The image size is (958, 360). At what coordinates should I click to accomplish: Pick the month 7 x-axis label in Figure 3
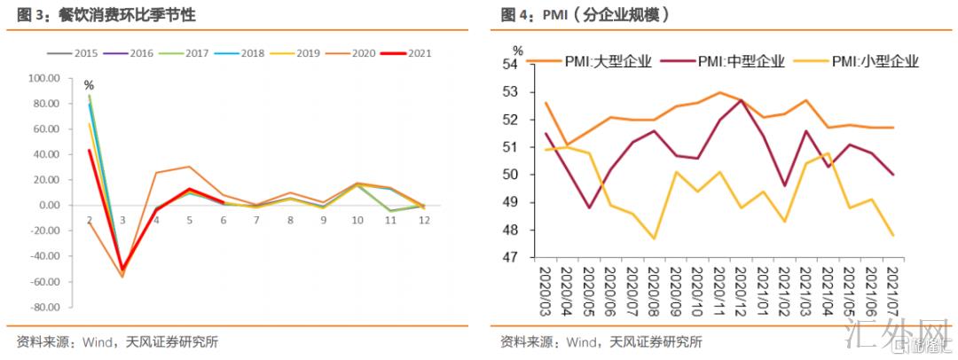256,219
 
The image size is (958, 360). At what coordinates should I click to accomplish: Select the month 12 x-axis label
424,219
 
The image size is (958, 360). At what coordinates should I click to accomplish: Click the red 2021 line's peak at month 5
190,189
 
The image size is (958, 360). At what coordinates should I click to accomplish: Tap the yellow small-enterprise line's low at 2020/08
655,239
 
